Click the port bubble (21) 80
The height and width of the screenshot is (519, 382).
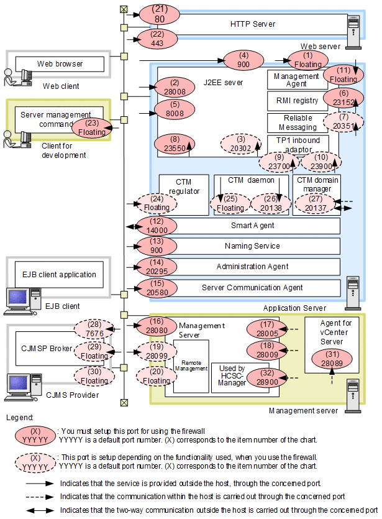click(x=160, y=14)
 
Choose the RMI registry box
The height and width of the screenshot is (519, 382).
click(x=297, y=99)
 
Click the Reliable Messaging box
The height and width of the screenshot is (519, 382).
click(x=298, y=122)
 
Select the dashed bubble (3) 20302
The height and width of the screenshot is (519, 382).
click(x=239, y=145)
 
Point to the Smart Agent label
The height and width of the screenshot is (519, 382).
click(x=252, y=226)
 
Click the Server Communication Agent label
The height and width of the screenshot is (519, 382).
click(x=252, y=287)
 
